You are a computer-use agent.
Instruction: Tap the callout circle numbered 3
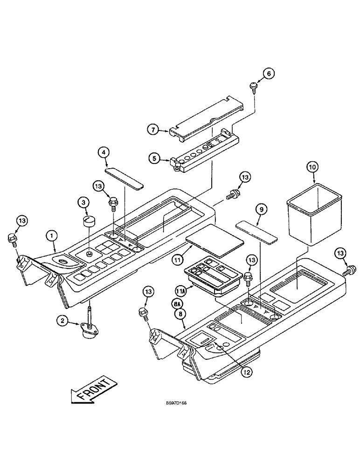coord(83,203)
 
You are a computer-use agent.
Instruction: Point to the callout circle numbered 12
coord(247,371)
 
